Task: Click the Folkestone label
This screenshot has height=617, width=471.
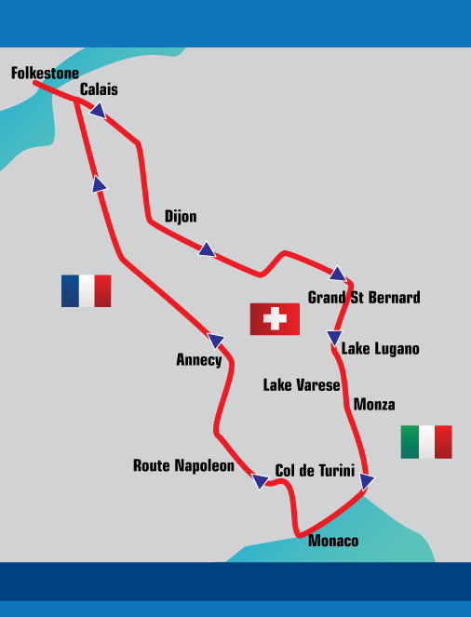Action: (45, 72)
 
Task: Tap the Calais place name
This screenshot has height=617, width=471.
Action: (99, 89)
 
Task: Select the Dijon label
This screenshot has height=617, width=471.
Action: (181, 217)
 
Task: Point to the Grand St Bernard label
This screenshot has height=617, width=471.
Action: (364, 298)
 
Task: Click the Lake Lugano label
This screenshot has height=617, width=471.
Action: (380, 349)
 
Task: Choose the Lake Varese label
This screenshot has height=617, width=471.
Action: (302, 384)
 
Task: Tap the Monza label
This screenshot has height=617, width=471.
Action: (374, 404)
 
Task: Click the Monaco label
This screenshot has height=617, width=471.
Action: (333, 541)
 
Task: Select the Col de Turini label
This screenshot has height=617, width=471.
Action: (315, 471)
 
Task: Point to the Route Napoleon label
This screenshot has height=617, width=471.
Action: (183, 465)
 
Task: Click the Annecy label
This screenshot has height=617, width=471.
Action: (199, 360)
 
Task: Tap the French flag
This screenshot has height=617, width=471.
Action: (86, 290)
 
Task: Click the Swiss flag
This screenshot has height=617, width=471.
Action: (275, 319)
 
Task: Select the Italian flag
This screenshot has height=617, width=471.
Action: (426, 441)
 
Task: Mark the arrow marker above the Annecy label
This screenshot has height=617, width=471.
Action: (216, 341)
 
